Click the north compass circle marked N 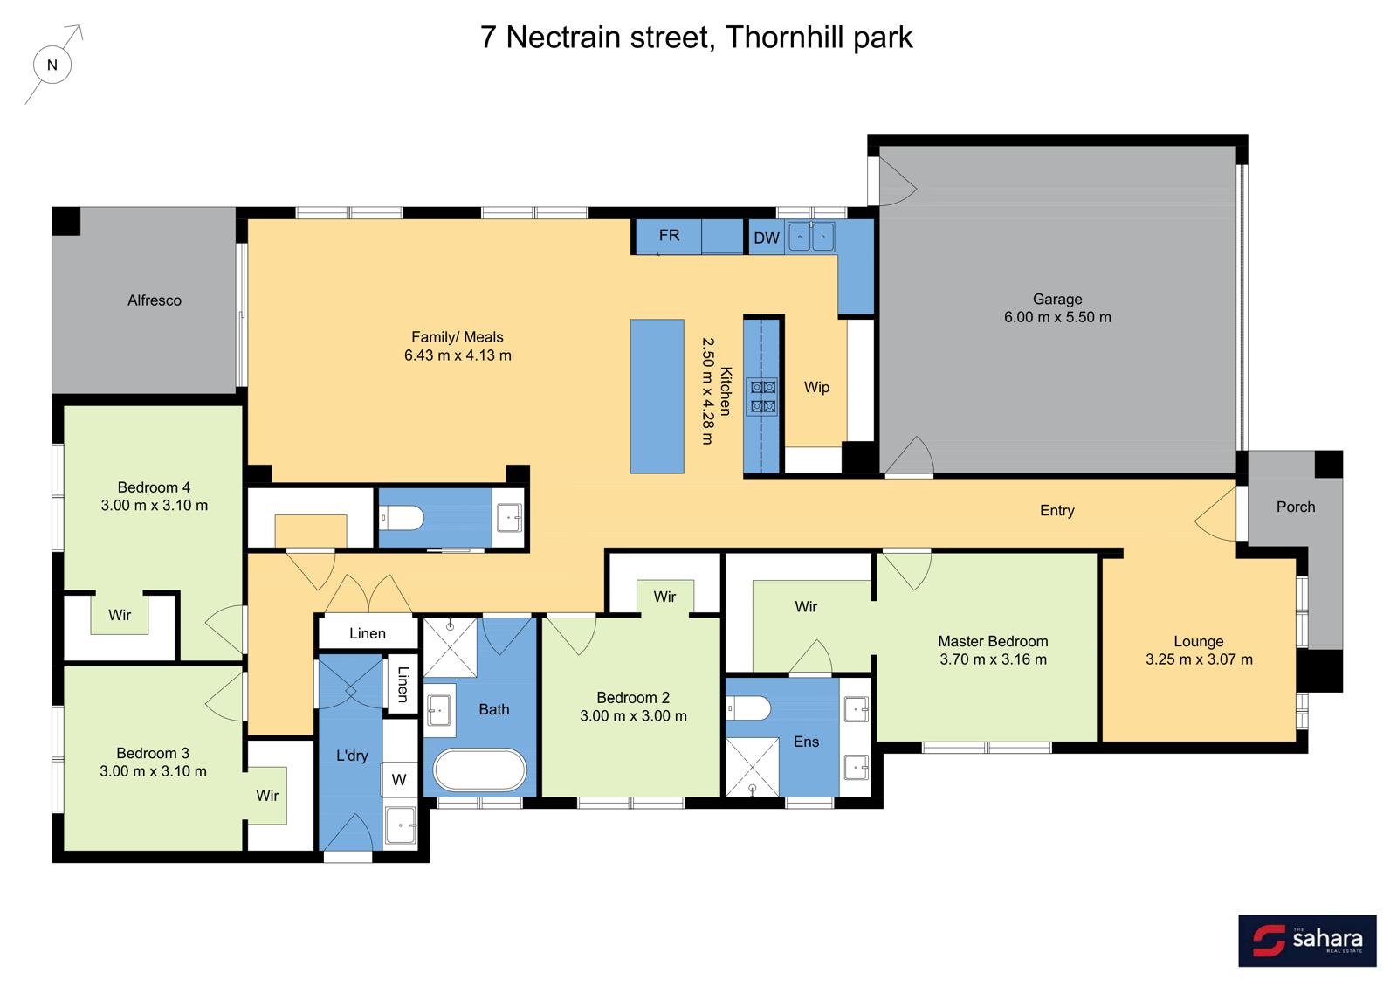tap(52, 65)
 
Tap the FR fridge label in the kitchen tap(669, 236)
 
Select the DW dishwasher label tap(767, 238)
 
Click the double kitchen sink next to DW tap(811, 237)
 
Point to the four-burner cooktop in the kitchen tap(761, 397)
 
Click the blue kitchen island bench tap(657, 397)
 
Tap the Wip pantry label tap(816, 387)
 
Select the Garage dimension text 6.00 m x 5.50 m tap(1057, 318)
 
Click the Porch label tap(1295, 507)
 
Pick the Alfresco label tap(155, 300)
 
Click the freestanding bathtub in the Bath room tap(480, 770)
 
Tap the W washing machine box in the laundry tap(399, 780)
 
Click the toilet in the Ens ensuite tap(747, 707)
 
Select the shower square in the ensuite tap(752, 766)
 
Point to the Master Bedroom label tap(993, 641)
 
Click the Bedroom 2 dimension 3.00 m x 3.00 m tap(633, 716)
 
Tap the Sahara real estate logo tap(1307, 941)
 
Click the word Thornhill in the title tap(776, 38)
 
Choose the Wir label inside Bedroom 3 tap(267, 796)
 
